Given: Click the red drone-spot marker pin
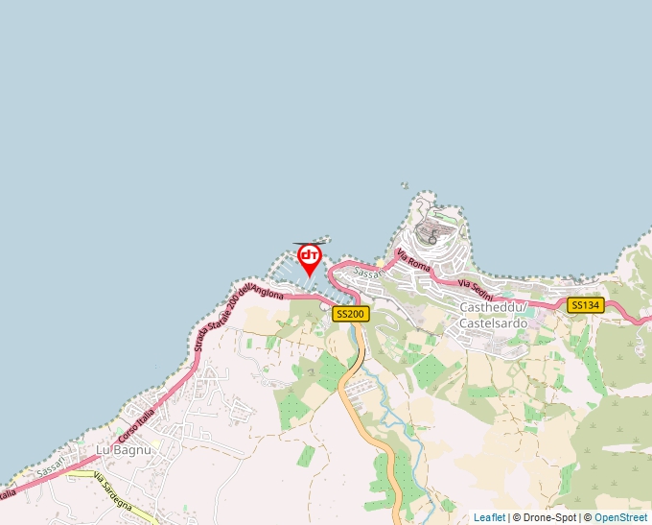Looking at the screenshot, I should click(x=309, y=257).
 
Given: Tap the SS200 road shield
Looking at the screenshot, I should click(x=350, y=314).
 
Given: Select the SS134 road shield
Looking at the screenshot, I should click(x=585, y=305).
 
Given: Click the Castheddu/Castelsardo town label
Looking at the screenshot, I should click(x=494, y=315).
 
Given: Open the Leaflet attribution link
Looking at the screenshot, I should click(x=489, y=517).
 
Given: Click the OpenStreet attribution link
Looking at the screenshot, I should click(x=621, y=517).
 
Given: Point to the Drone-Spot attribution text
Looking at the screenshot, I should click(x=544, y=517).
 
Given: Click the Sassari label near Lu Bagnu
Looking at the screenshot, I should click(x=50, y=469).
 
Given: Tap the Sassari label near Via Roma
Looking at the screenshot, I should click(x=368, y=273).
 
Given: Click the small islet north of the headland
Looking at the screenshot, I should click(x=405, y=186).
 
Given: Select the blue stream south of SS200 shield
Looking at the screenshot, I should click(x=384, y=394).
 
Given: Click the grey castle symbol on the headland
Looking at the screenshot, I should click(x=432, y=239).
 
